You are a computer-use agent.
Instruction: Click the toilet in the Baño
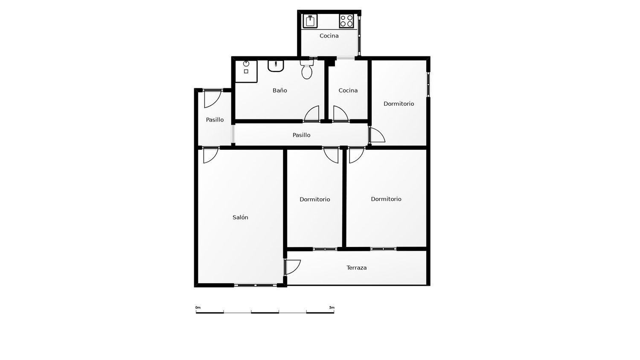307,70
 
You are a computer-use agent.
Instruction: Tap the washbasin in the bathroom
276,66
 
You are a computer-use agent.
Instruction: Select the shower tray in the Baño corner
246,71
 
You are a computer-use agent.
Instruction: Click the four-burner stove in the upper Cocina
346,21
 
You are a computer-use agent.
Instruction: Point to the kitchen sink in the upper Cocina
310,21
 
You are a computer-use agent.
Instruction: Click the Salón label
240,218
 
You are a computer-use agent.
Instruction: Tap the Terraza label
357,268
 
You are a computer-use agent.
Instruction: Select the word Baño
280,90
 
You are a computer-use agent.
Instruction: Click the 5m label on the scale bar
332,308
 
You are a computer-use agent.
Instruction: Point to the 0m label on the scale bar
198,308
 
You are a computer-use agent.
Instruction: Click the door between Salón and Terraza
292,267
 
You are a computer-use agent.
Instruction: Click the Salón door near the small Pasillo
211,155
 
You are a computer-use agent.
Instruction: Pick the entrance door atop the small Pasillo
213,99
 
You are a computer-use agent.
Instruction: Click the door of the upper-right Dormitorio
377,135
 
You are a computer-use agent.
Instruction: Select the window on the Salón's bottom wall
256,285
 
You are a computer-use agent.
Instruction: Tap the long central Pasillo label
301,135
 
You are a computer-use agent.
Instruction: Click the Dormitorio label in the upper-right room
399,104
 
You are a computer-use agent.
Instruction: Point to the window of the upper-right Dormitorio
428,84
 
